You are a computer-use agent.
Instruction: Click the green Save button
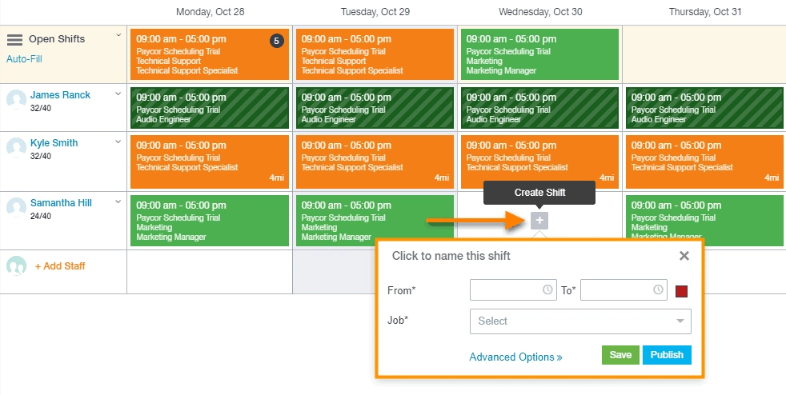(620, 355)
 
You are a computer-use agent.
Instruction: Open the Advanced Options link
(515, 357)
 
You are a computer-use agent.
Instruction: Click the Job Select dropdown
(580, 321)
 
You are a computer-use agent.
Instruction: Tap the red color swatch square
(683, 290)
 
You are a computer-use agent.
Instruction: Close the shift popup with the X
(684, 256)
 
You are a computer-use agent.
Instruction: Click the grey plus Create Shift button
(539, 220)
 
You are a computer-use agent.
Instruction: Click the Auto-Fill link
(24, 59)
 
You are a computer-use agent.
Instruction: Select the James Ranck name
(60, 95)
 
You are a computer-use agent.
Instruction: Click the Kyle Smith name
(54, 143)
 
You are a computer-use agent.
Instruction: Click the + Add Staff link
(60, 266)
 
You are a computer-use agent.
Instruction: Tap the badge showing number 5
(277, 41)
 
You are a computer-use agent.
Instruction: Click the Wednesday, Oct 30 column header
(540, 12)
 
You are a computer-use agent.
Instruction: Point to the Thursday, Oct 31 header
(705, 12)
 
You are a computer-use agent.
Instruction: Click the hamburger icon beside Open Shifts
(14, 39)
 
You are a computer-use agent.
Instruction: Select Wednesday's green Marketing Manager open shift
(539, 54)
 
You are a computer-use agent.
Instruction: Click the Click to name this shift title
(451, 256)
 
